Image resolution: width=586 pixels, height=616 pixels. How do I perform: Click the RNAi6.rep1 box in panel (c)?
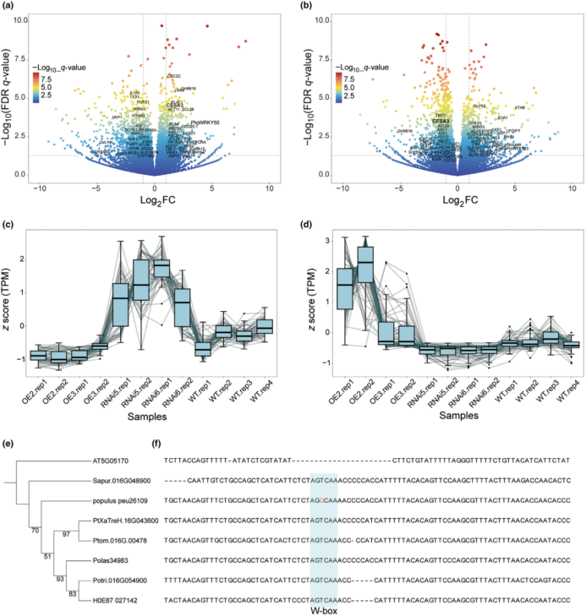point(161,266)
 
